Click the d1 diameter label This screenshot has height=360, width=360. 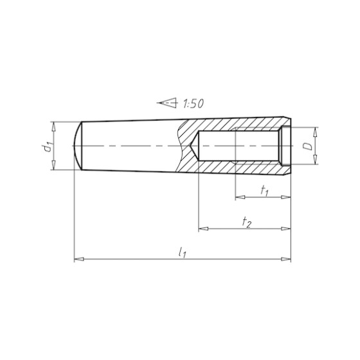point(49,147)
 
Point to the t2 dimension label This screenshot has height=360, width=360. point(247,222)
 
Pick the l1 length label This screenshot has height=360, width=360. point(183,252)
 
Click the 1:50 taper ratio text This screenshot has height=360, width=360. point(193,104)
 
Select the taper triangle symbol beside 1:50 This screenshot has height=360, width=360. point(167,103)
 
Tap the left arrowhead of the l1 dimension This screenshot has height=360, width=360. point(78,259)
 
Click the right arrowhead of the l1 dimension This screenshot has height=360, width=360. point(286,259)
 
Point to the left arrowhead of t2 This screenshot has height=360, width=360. point(203,229)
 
